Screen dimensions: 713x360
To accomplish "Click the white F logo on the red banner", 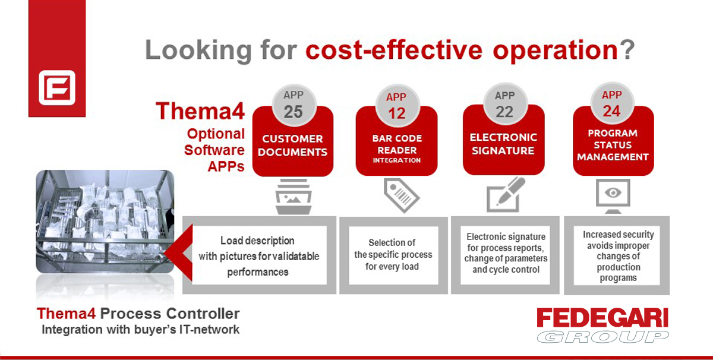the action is tap(57, 87).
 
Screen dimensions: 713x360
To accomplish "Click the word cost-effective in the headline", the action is tap(394, 50).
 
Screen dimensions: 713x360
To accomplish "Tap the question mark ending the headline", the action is tap(627, 50).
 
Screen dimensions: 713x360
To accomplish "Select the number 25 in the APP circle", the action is tap(293, 112).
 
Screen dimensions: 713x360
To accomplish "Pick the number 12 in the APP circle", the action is tap(397, 113).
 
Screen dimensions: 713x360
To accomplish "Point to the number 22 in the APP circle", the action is tap(504, 112).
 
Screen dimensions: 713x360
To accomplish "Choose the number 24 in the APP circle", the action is tap(611, 111).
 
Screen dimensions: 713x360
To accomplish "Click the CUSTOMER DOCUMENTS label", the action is tap(292, 146).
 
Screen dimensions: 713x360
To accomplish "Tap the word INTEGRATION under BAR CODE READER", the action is tap(397, 160).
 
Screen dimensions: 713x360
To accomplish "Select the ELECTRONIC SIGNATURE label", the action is tap(503, 144).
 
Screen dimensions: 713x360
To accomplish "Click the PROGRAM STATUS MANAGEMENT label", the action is tap(613, 145).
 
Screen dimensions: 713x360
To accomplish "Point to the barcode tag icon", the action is tap(402, 195).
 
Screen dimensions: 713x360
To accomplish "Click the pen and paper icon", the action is tap(506, 195).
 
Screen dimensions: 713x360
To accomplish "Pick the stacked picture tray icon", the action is tap(294, 197).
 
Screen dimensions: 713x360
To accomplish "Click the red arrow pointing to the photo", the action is tap(180, 252).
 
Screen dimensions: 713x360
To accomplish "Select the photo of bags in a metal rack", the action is tap(105, 222).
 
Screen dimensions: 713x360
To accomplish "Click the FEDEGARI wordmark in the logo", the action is tap(602, 317).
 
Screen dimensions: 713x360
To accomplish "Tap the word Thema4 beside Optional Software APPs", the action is tap(200, 110).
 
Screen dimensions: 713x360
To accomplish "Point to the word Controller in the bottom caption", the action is tap(203, 314).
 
